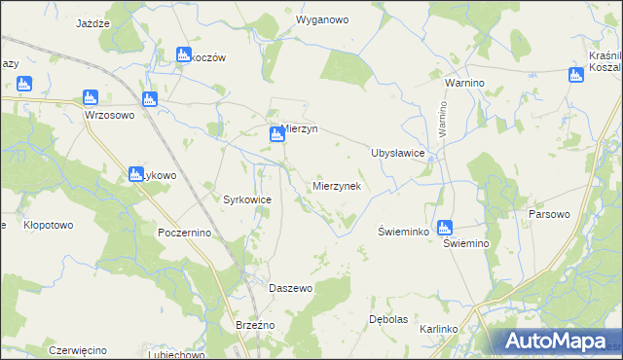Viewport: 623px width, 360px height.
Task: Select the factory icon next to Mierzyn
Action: pos(277,137)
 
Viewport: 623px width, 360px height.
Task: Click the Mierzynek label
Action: pos(337,185)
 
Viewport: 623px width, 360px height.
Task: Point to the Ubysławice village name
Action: pos(397,153)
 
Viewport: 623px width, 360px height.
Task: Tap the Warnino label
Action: pos(464,84)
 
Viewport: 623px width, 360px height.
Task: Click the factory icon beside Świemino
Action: pos(444,228)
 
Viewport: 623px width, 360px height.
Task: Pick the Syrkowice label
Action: pos(247,199)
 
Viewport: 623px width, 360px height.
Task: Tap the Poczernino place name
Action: pos(184,234)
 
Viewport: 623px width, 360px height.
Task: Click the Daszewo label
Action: pos(290,289)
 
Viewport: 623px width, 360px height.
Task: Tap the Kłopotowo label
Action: pos(48,225)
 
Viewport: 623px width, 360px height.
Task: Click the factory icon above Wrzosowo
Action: pos(91,97)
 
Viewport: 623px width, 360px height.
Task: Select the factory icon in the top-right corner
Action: pos(577,74)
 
